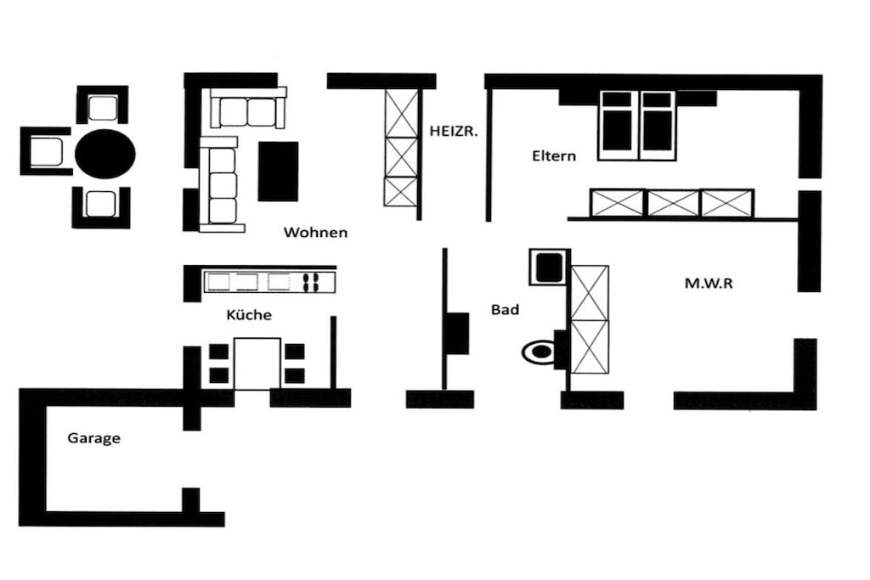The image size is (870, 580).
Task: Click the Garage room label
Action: [93, 438]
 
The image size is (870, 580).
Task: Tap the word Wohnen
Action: [316, 232]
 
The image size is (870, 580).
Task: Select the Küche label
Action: [249, 314]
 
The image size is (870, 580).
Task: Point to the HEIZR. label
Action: [454, 132]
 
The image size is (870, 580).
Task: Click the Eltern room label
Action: [554, 155]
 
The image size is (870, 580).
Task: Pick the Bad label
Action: [505, 309]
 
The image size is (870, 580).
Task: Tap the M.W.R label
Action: [709, 284]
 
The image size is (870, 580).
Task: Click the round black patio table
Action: [105, 154]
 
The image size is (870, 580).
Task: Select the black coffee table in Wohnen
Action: [278, 172]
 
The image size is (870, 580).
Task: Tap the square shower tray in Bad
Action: [550, 267]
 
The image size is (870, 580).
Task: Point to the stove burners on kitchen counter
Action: [311, 282]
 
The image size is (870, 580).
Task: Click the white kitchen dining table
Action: [257, 363]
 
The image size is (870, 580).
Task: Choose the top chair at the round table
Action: [103, 105]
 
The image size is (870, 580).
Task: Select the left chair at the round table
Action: [46, 151]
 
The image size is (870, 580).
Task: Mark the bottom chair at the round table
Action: [101, 207]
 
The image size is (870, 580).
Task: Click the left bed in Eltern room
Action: [618, 126]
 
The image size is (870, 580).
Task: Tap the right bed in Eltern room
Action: [658, 126]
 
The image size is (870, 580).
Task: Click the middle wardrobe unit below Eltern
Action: [673, 203]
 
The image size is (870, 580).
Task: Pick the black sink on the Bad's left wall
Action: [458, 333]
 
